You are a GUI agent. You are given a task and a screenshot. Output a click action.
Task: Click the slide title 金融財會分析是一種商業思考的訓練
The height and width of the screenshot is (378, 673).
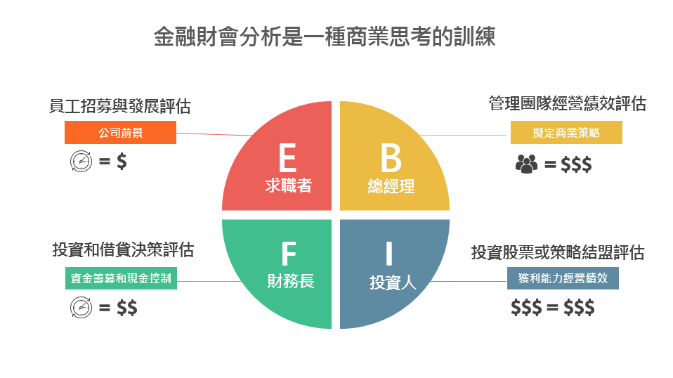325,36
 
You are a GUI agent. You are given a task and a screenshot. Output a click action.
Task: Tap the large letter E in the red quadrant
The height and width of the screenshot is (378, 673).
287,157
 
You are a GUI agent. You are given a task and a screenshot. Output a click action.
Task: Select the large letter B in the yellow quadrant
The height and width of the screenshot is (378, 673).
391,157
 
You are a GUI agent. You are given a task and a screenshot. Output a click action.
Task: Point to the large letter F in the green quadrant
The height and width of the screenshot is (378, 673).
289,254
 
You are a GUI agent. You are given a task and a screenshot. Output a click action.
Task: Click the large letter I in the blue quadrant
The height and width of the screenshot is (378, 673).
389,254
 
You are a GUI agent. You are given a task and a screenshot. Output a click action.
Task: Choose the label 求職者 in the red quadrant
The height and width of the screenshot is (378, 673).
288,185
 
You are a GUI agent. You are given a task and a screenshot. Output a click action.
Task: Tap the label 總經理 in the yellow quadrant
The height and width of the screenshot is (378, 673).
391,186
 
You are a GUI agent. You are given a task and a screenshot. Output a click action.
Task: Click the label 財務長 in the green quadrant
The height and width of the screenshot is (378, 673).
291,281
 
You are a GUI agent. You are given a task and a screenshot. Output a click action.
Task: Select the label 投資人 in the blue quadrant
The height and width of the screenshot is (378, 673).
393,282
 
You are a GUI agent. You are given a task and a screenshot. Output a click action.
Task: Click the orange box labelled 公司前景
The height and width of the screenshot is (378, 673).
120,132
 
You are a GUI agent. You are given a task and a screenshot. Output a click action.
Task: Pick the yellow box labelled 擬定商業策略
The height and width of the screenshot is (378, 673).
566,132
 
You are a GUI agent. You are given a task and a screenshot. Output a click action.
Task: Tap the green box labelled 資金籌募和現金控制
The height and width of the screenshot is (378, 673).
121,278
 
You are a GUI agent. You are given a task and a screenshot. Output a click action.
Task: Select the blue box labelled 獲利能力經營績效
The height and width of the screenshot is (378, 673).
563,278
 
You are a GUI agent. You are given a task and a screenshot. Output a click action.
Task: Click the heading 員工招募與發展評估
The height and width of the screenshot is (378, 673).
119,106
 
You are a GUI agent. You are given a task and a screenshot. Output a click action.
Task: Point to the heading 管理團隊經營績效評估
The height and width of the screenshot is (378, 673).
568,103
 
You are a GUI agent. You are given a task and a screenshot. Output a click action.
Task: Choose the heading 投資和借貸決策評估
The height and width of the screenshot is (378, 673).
123,249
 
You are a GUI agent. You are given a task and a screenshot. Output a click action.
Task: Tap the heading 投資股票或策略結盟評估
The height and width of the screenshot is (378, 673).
558,252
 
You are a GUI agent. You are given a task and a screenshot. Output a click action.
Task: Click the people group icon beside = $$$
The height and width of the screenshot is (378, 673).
526,164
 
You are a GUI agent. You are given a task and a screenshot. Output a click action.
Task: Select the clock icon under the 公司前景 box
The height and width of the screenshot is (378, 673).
81,162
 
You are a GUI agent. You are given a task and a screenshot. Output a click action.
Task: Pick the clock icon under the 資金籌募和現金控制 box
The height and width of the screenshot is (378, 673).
81,307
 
